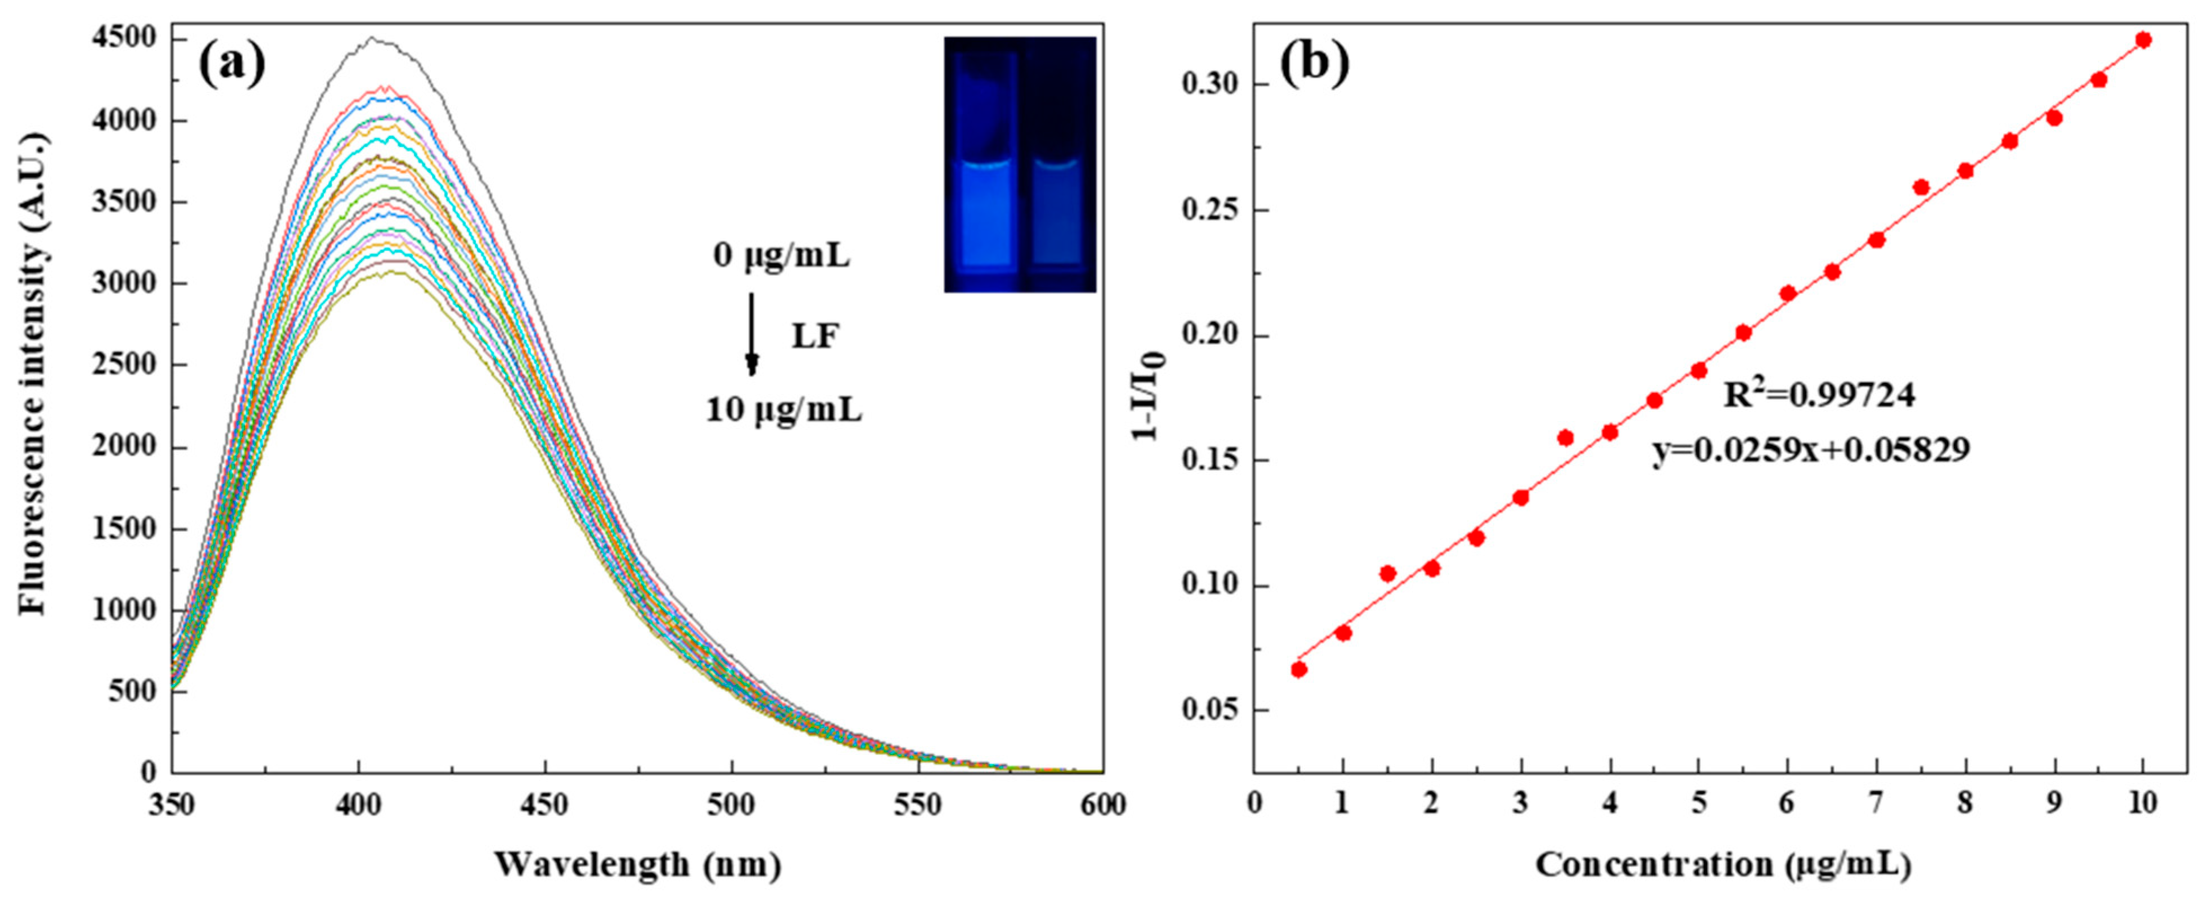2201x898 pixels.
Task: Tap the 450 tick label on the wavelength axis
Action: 545,805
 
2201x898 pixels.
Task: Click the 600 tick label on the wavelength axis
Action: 1102,805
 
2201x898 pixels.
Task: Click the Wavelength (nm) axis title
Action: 637,865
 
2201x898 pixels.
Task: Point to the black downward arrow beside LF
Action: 752,333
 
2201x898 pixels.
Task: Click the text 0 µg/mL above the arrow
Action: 782,256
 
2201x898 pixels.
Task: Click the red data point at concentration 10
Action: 2143,39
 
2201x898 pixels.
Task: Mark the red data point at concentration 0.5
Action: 1299,669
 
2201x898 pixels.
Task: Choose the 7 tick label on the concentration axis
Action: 1876,805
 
